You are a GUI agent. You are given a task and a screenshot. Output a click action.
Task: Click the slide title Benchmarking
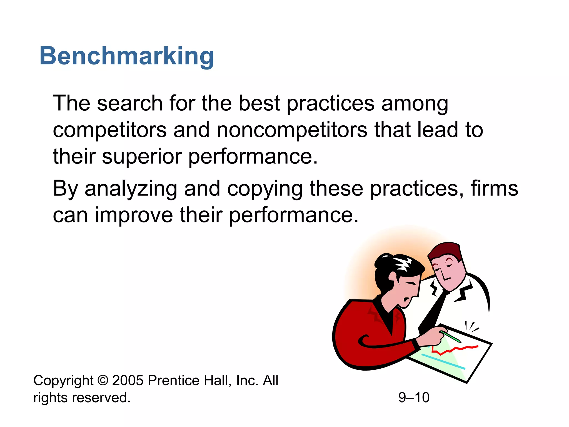pos(127,56)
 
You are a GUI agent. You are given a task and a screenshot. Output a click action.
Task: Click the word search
pos(130,103)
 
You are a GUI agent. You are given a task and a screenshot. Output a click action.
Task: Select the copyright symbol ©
pos(103,380)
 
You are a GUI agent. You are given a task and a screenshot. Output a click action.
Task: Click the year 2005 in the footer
pos(128,380)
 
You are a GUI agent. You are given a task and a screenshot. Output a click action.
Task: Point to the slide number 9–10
pos(414,398)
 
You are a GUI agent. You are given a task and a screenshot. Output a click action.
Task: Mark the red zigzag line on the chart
pos(456,349)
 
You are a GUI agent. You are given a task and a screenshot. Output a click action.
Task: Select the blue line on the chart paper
pos(443,362)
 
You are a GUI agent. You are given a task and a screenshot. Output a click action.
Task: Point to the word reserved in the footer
pos(101,398)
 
